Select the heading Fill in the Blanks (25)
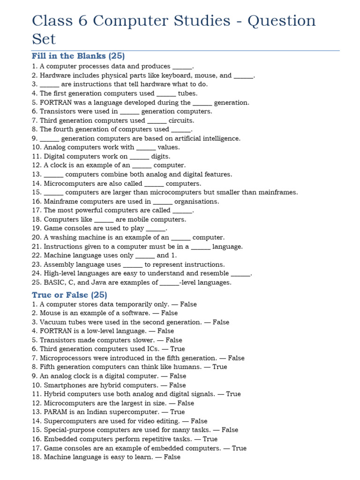click(78, 56)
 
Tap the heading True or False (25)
click(69, 295)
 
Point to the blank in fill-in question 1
click(182, 67)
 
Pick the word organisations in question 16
click(196, 201)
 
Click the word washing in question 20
click(63, 237)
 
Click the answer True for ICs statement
click(178, 349)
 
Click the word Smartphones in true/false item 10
click(65, 385)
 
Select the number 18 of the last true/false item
click(36, 457)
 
